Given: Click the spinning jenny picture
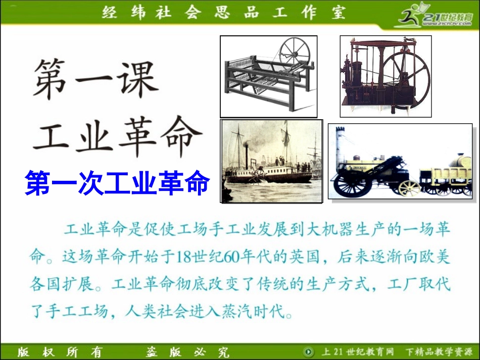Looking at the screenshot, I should tap(268, 76).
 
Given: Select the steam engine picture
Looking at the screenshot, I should tap(385, 76).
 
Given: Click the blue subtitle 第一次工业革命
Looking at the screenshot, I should tap(117, 184).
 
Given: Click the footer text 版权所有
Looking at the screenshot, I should tap(60, 352).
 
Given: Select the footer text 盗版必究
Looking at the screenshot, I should tap(187, 352).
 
